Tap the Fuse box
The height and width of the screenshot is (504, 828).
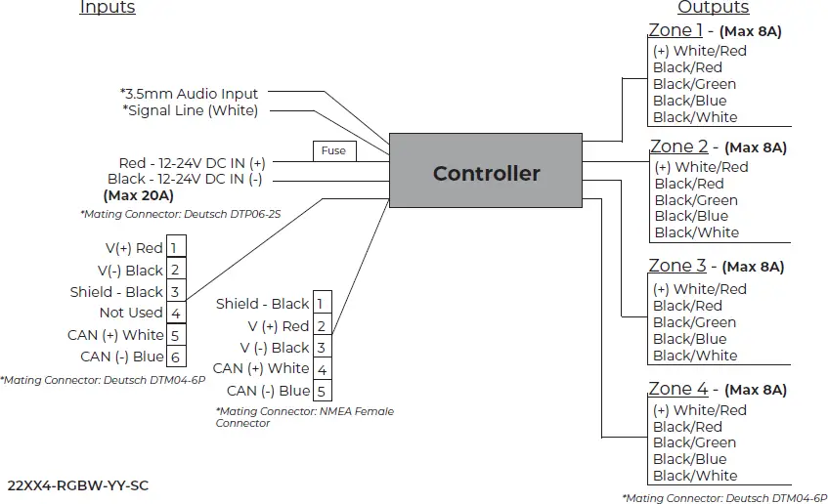coord(333,150)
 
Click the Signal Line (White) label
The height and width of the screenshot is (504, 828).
coord(191,110)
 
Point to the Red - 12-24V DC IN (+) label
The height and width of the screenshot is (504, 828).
coord(192,163)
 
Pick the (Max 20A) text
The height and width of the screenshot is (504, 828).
coord(138,195)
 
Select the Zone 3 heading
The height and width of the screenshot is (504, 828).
coord(677,266)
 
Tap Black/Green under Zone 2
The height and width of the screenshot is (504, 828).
coord(696,200)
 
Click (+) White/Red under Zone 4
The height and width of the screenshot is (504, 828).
coord(700,410)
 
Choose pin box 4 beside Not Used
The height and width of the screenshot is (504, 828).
coord(175,314)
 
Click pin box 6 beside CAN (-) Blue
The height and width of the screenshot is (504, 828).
coord(175,357)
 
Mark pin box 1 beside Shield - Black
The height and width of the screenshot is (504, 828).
coord(321,304)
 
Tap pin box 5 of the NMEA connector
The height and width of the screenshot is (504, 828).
coord(321,391)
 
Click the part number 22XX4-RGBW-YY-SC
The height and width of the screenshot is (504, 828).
coord(78,484)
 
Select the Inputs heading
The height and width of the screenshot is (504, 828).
coord(108,8)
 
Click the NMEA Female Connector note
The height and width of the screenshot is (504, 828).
coord(304,417)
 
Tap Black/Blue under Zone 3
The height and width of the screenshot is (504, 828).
coord(690,339)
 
